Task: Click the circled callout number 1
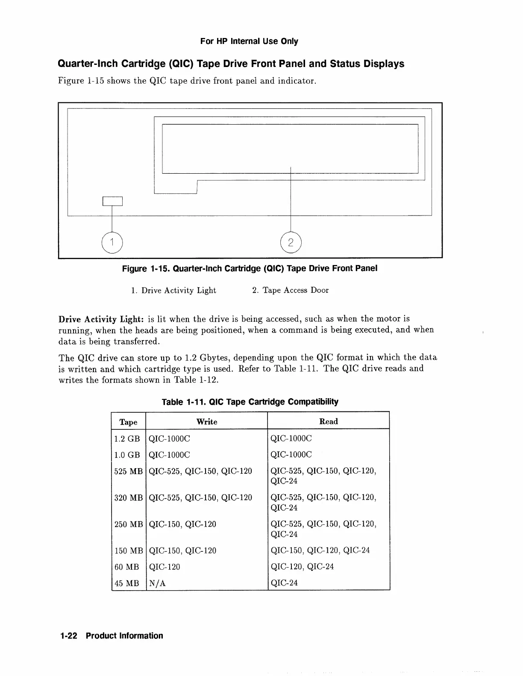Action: click(112, 243)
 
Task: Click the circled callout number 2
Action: click(291, 243)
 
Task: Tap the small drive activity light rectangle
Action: click(112, 201)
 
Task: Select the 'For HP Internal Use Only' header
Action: click(249, 41)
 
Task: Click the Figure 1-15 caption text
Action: click(250, 268)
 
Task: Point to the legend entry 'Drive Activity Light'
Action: click(173, 291)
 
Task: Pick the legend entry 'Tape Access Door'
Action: click(291, 291)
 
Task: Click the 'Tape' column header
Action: click(128, 422)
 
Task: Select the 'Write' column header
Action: click(207, 422)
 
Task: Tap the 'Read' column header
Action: click(328, 422)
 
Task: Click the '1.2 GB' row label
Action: click(127, 439)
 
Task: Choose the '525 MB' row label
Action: click(128, 471)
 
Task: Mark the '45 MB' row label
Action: click(127, 583)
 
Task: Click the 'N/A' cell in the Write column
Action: click(157, 583)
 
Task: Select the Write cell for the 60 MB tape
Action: click(165, 567)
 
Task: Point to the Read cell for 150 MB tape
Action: click(320, 551)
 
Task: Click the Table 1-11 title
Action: click(250, 402)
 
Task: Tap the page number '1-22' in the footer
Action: click(68, 636)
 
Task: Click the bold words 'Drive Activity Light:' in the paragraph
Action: click(101, 319)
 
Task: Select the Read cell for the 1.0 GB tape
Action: click(291, 455)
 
